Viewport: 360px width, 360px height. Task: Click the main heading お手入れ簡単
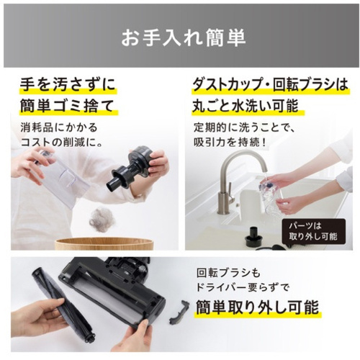[184, 37]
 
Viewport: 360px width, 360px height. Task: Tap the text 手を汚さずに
[68, 84]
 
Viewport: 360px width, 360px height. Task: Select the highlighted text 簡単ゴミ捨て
[67, 105]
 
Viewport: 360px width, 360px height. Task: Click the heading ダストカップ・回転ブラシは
[270, 84]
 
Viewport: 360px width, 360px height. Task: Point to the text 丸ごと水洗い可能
[246, 105]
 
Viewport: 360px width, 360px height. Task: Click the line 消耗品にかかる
[59, 127]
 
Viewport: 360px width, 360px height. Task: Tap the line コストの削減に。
[62, 143]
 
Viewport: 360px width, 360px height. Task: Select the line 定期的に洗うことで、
[244, 127]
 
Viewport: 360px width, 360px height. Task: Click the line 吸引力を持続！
[230, 143]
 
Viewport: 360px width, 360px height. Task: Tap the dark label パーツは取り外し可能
[313, 231]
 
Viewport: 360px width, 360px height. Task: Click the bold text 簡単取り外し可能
[258, 307]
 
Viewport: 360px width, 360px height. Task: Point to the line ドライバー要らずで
[243, 287]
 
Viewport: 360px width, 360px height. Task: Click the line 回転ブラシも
[228, 273]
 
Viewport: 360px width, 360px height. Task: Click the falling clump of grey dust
[100, 220]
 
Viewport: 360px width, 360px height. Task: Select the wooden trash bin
[104, 243]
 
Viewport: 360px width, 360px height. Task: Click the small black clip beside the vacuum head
[179, 311]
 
